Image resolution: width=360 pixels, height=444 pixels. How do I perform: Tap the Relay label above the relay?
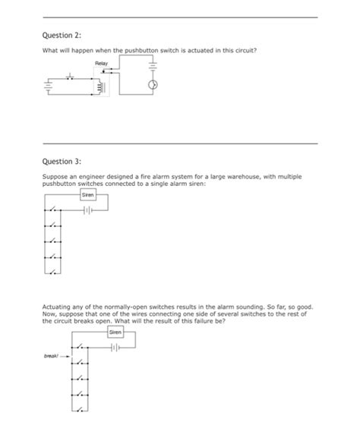coord(102,63)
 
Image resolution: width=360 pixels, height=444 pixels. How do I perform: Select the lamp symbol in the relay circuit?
coord(152,86)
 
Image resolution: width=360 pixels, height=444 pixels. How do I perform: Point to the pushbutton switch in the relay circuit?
coord(71,77)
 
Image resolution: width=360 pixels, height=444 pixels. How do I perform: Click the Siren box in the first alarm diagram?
coord(88,196)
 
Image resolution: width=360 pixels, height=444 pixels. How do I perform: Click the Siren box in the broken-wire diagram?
coord(115,332)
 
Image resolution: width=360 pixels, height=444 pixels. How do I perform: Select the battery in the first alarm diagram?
coord(88,210)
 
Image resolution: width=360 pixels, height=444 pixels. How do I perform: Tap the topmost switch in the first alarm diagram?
coord(53,211)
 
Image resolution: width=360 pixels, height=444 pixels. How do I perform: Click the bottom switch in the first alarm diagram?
coord(53,271)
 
